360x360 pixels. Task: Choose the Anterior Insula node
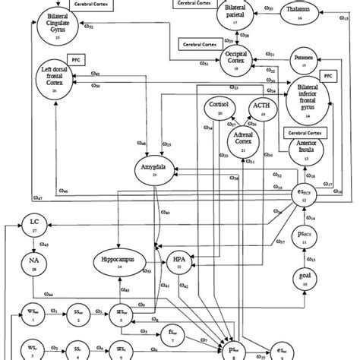(x=308, y=153)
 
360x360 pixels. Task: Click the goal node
(x=305, y=282)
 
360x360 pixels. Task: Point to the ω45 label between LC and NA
(x=45, y=244)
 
